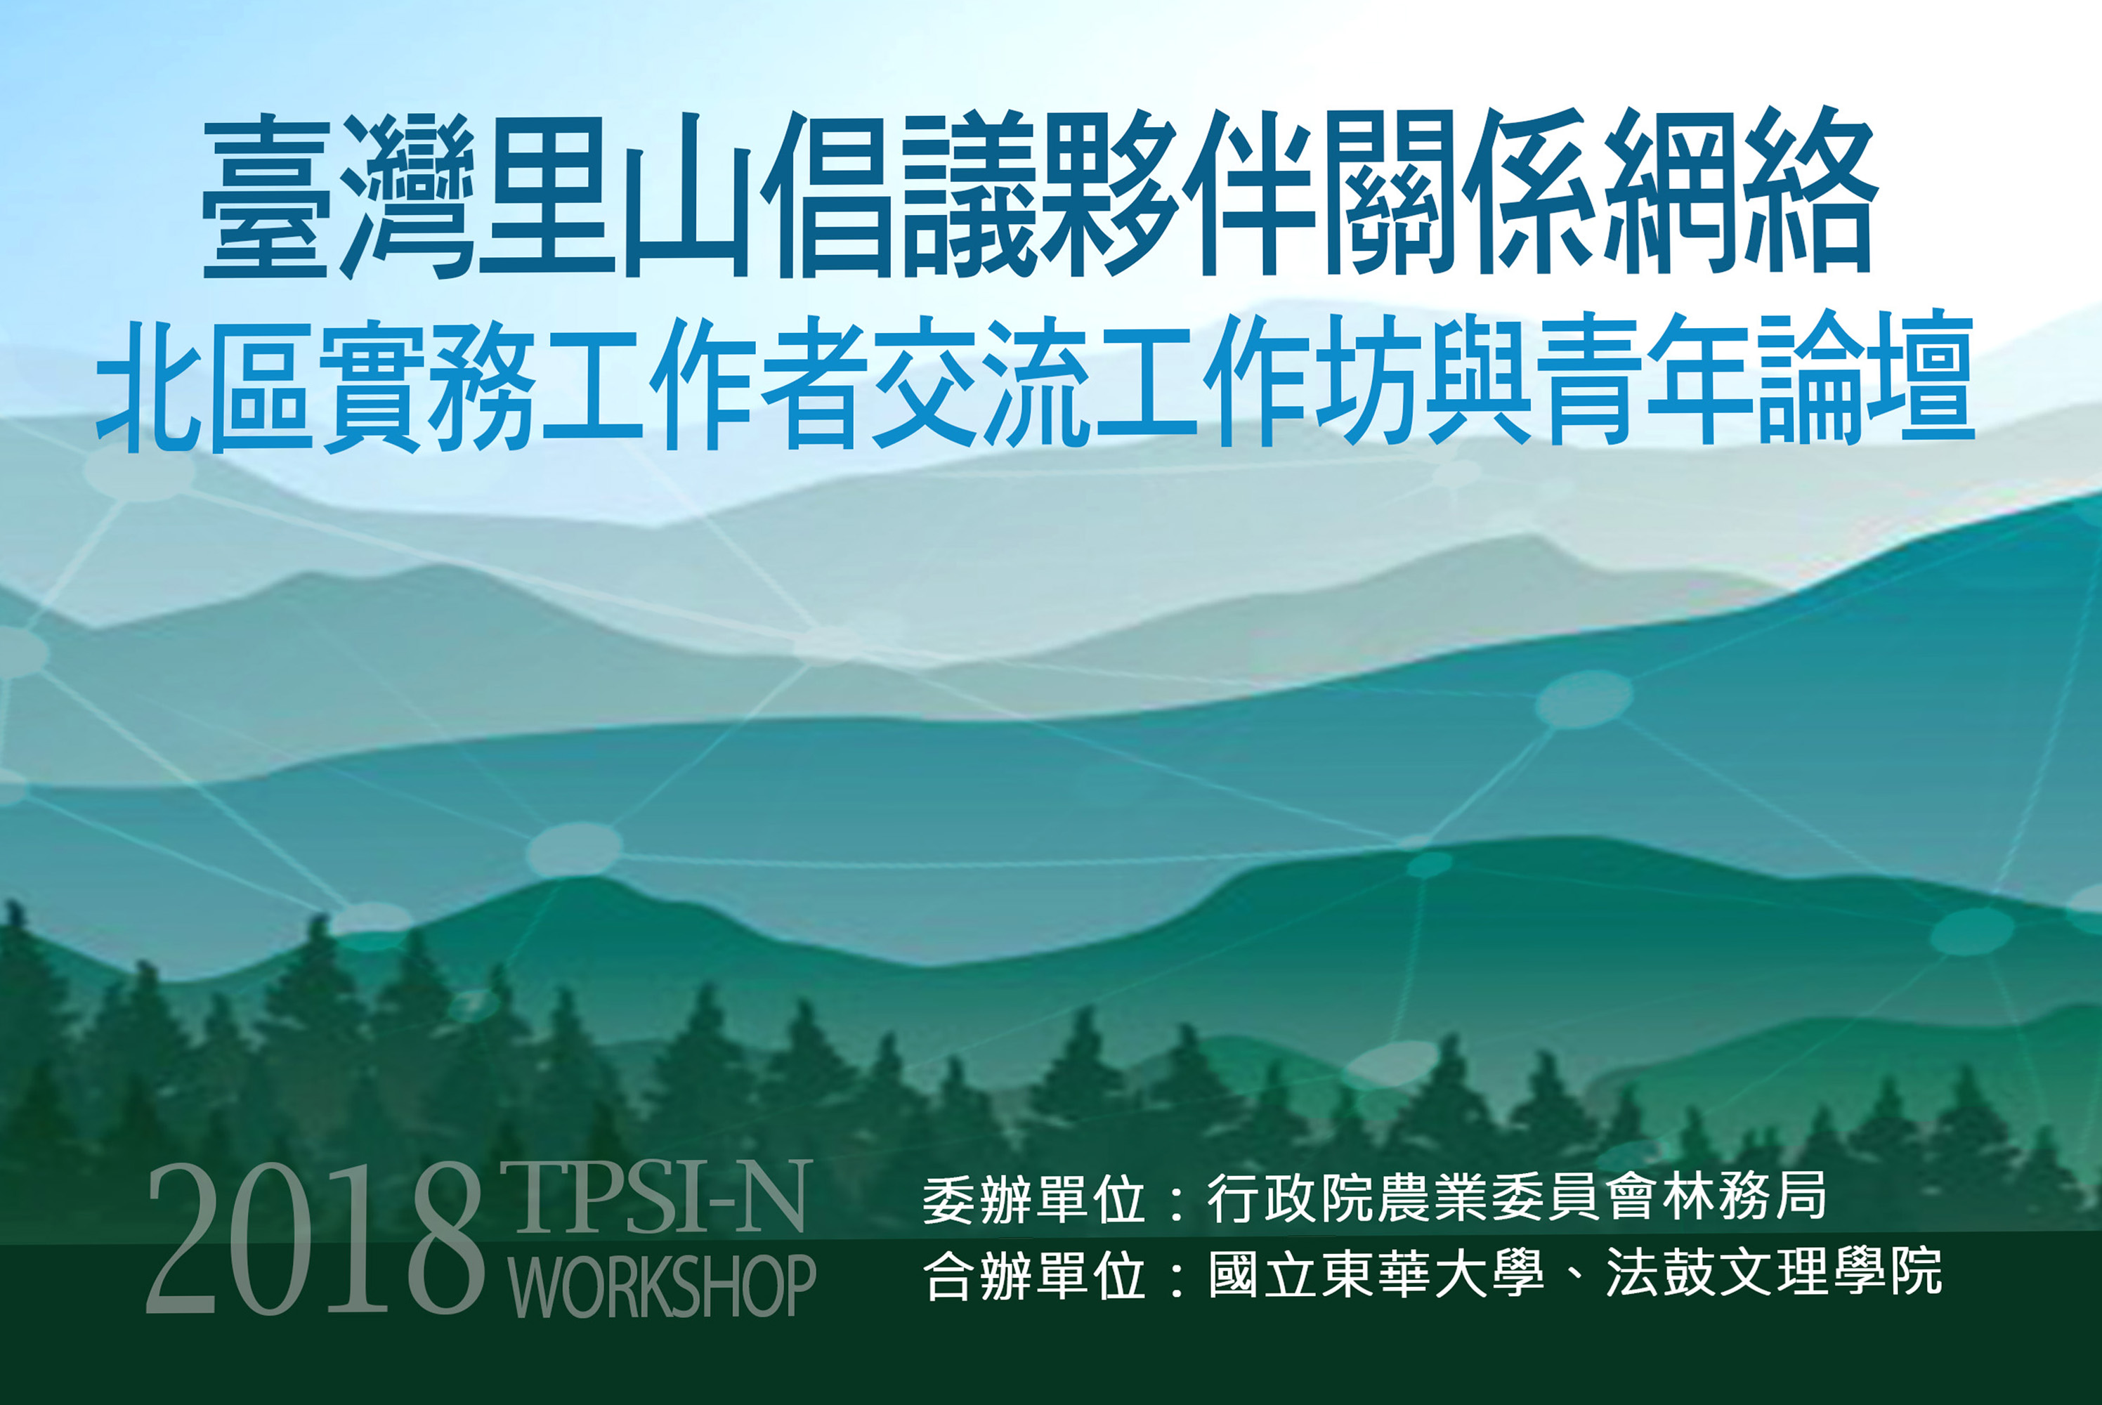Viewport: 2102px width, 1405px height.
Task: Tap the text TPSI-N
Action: click(656, 1196)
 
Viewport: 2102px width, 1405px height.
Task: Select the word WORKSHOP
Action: click(662, 1285)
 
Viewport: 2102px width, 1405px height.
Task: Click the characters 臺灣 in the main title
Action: click(338, 195)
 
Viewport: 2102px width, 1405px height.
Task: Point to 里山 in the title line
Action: click(615, 195)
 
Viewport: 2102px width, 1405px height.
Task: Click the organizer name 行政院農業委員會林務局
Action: click(1517, 1197)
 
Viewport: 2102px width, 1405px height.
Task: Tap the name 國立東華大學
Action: click(1376, 1272)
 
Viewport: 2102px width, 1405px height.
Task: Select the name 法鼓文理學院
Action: click(1774, 1272)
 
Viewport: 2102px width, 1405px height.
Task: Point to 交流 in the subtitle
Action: click(981, 384)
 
